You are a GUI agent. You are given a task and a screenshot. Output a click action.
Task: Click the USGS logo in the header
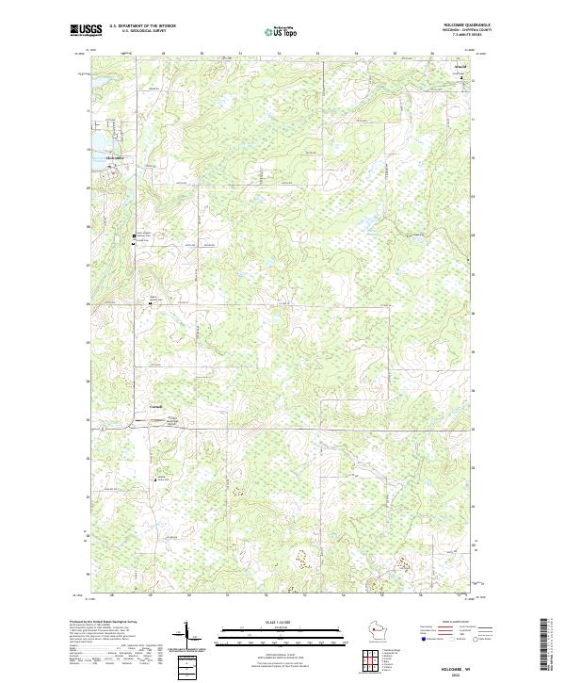click(x=86, y=30)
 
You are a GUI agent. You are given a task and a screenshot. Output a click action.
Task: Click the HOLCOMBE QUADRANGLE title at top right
click(x=465, y=26)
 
